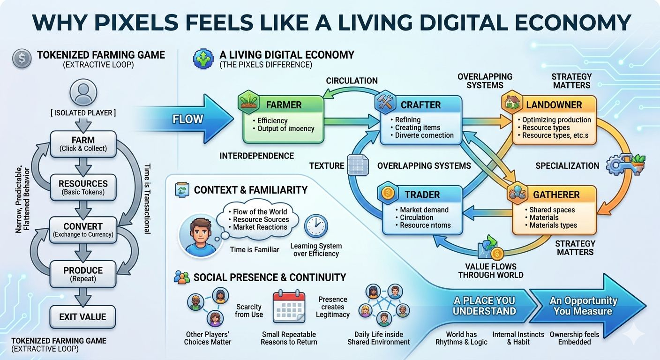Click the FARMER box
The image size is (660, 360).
(283, 119)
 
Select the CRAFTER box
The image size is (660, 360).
(418, 119)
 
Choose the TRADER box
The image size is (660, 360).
(422, 210)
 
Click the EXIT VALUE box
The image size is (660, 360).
(82, 317)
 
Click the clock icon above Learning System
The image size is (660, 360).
(316, 226)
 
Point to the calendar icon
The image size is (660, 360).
(289, 307)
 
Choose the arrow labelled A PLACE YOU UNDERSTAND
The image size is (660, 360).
(484, 306)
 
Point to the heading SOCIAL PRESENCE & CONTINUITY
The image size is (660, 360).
(270, 277)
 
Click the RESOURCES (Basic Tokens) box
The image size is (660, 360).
(83, 187)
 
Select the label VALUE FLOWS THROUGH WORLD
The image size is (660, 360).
(490, 271)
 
